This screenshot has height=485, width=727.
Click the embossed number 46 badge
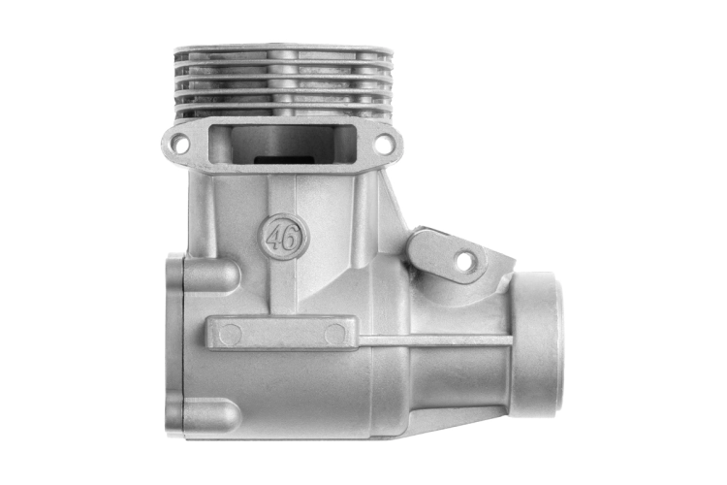pos(283,238)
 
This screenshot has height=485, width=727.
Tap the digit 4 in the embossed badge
pos(275,238)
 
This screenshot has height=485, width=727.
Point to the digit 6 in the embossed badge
pos(289,240)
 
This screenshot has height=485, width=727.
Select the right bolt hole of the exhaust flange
pos(384,142)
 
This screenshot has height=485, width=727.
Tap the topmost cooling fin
pos(280,49)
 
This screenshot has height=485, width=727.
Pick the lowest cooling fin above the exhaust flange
pos(283,110)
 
